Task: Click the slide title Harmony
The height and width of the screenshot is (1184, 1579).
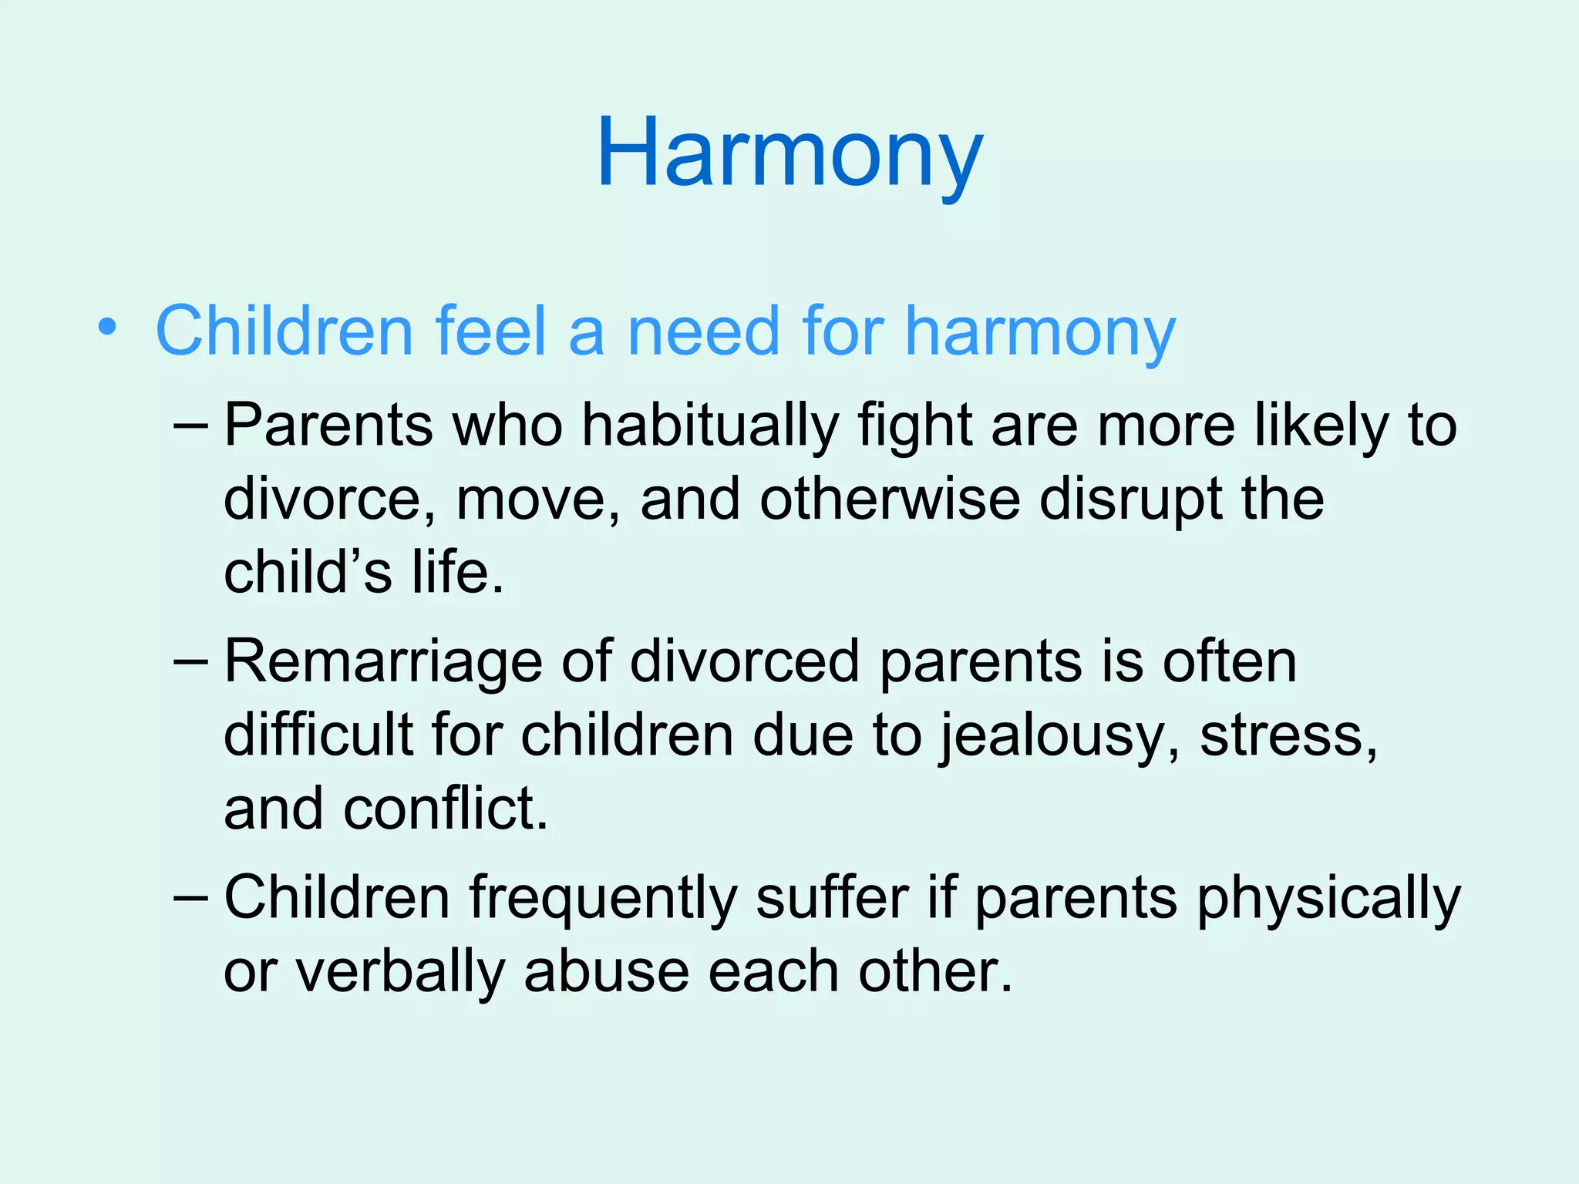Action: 789,154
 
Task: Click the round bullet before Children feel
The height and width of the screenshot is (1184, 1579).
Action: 107,328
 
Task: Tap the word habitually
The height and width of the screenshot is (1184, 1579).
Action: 709,426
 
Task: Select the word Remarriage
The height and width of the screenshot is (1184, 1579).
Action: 382,663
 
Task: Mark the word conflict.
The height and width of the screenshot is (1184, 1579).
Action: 445,809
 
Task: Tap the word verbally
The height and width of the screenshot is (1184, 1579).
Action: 400,973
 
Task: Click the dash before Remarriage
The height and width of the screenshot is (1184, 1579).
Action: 190,661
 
